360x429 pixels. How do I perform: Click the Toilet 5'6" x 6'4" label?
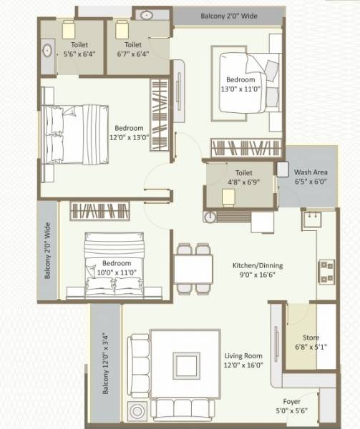[74, 47]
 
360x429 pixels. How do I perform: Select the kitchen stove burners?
[326, 270]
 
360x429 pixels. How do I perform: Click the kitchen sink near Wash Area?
[312, 219]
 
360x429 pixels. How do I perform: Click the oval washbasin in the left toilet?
[47, 50]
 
